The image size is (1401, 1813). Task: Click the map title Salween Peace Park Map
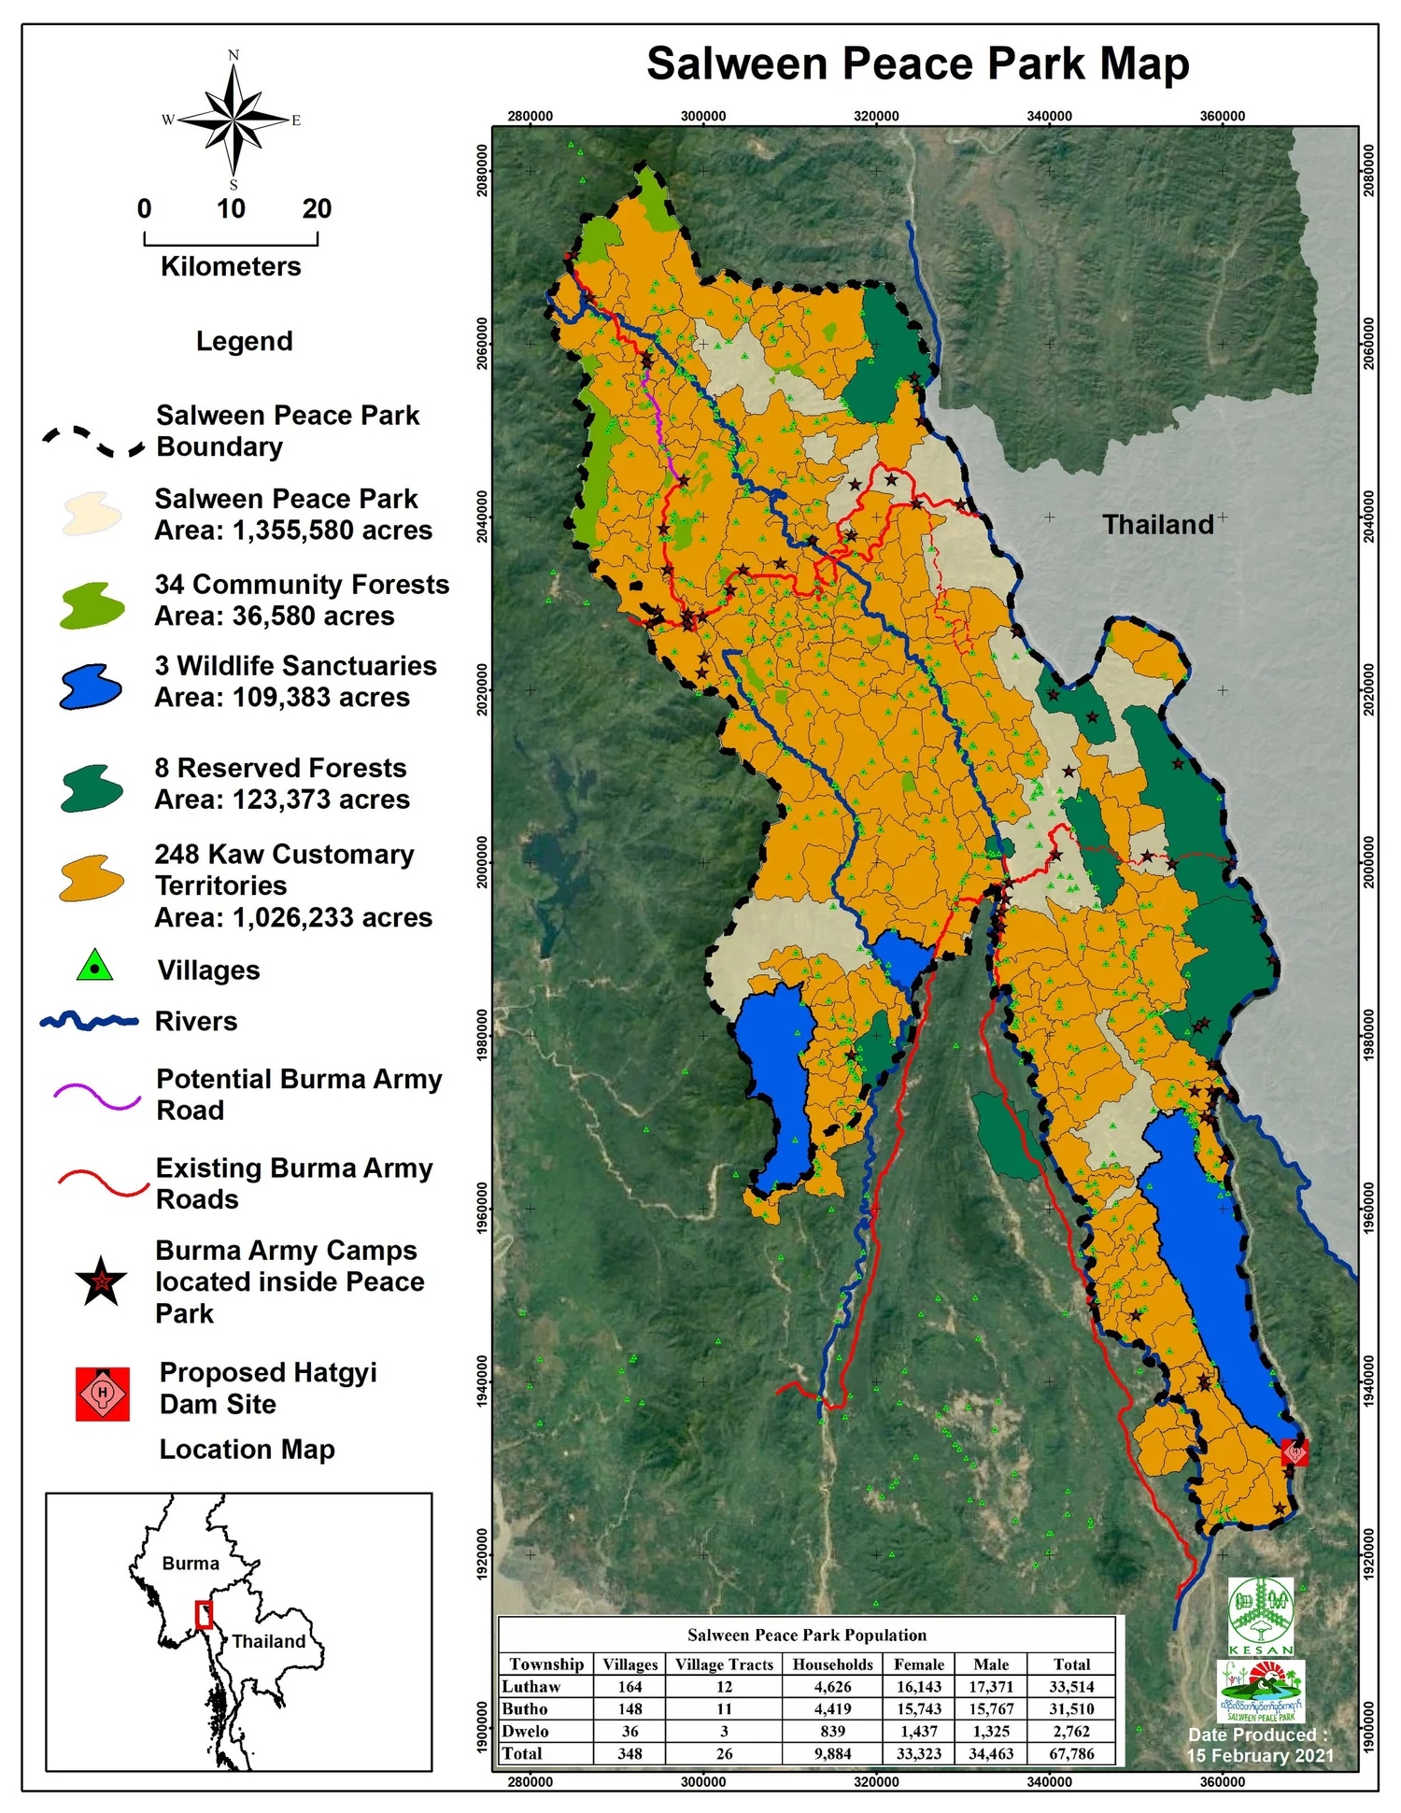point(917,64)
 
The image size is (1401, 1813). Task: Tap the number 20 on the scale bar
point(317,208)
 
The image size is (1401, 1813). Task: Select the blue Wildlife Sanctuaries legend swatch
point(91,687)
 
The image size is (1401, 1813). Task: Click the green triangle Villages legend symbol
point(94,967)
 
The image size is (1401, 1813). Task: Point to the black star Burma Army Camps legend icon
point(101,1282)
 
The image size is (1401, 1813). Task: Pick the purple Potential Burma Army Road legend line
point(97,1096)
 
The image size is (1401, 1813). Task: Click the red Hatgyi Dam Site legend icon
point(103,1394)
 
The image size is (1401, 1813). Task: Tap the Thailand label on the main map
point(1157,525)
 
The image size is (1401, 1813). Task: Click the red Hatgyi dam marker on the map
point(1295,1452)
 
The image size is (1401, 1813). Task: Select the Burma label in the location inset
point(190,1564)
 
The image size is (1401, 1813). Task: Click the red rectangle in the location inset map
point(204,1615)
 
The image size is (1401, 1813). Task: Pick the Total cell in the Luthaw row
point(1071,1687)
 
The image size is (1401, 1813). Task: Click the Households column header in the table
point(832,1664)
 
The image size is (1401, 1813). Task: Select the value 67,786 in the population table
point(1071,1753)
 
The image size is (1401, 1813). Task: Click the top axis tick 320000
point(876,116)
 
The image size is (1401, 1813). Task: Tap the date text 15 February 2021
point(1259,1756)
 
